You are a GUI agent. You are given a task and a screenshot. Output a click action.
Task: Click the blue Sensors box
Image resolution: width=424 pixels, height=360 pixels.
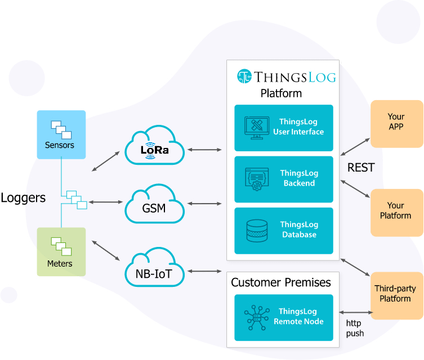(61, 134)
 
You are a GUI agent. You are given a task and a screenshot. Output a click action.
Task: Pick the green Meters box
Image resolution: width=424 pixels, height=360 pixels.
(61, 251)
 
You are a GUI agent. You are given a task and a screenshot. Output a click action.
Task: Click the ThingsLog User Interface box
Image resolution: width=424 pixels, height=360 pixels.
(283, 128)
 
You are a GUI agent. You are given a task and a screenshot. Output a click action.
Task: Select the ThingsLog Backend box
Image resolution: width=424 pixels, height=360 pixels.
(283, 179)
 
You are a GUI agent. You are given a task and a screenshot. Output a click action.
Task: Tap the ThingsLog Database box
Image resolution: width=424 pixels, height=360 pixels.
(283, 230)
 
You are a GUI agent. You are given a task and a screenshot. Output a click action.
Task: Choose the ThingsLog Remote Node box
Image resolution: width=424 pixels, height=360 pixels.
(283, 317)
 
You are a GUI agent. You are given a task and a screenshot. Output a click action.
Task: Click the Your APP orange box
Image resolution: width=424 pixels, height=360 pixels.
(396, 123)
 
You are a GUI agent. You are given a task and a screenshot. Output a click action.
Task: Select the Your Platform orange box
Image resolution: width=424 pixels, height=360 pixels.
(396, 211)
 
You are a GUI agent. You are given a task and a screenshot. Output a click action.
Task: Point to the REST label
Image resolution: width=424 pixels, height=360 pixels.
(361, 168)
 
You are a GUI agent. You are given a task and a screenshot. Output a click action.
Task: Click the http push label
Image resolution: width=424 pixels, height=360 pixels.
(355, 328)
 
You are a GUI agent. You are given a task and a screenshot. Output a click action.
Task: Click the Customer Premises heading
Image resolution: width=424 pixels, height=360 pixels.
(281, 283)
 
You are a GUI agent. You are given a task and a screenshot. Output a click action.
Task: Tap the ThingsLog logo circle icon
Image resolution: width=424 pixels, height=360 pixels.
(244, 76)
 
